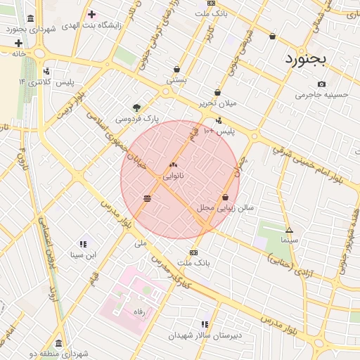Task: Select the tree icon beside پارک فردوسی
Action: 136,108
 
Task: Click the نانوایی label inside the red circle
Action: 173,176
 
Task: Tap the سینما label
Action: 289,240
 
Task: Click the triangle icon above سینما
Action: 289,231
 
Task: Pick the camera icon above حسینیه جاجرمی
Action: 321,84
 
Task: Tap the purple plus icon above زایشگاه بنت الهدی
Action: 91,14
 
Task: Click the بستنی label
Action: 176,80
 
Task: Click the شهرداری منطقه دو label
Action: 58,354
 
